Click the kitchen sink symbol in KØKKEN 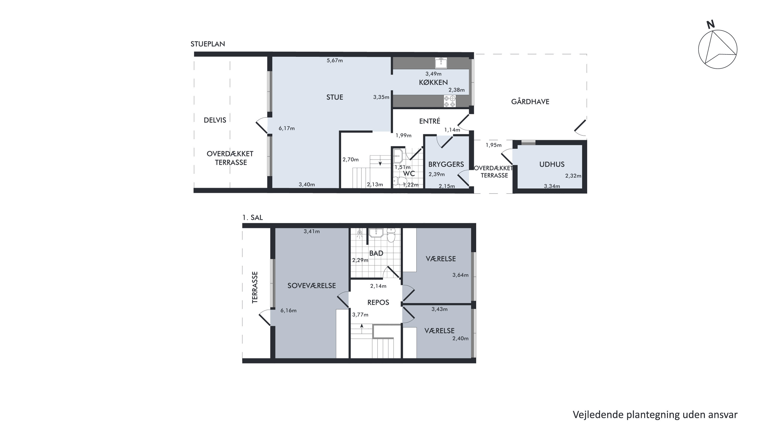[441, 63]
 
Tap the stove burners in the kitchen [450, 101]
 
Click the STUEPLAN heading [208, 44]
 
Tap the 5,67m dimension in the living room [335, 61]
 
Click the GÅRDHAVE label [530, 102]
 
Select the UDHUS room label [552, 164]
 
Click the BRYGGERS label [446, 164]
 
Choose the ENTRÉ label [430, 121]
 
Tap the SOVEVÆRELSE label [311, 285]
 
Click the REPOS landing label [378, 302]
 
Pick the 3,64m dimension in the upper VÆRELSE [460, 275]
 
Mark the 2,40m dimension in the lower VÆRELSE [460, 339]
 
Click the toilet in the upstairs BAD [391, 235]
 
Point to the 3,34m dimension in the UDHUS [552, 186]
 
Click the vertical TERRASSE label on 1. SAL [255, 287]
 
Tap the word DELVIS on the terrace [215, 120]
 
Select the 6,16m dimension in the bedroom [288, 310]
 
